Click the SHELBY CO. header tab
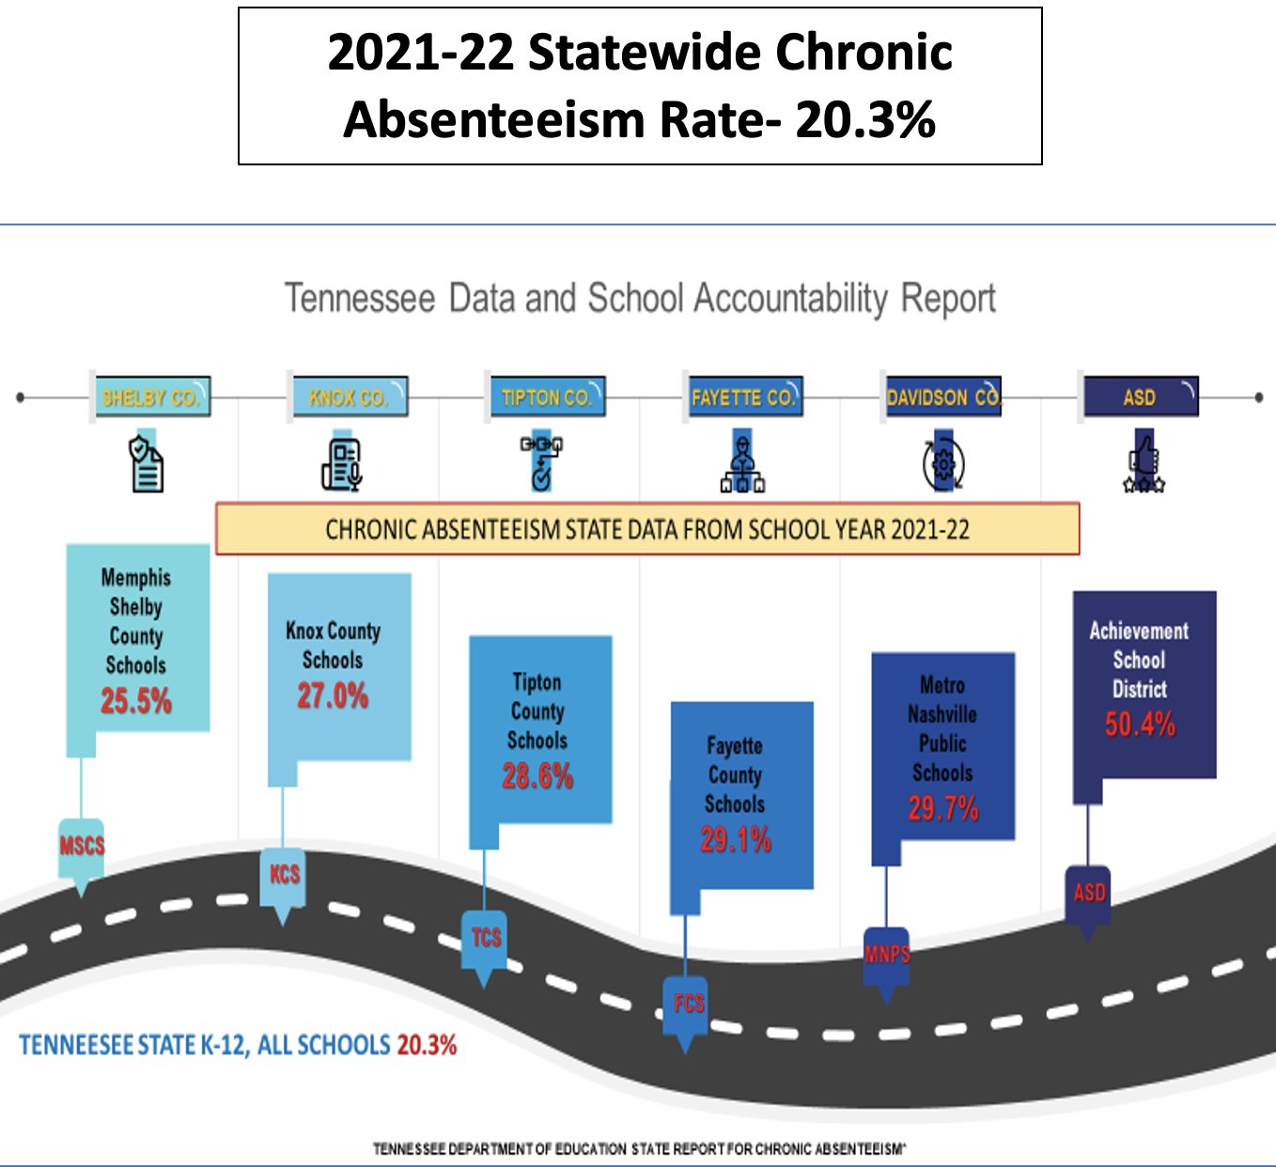pos(151,397)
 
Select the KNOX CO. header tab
pos(348,397)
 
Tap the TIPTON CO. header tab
pos(547,397)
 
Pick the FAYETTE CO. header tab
pos(743,397)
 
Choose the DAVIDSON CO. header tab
pos(943,397)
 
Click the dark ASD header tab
pos(1141,397)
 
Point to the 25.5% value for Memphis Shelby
pos(136,701)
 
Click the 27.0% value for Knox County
pos(333,696)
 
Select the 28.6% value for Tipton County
pos(537,776)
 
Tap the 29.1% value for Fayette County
pos(736,840)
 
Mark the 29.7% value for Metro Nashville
pos(943,808)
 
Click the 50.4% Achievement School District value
pos(1140,724)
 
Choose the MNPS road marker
pos(887,955)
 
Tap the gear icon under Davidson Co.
pos(942,463)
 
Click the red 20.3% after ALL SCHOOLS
pos(427,1046)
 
